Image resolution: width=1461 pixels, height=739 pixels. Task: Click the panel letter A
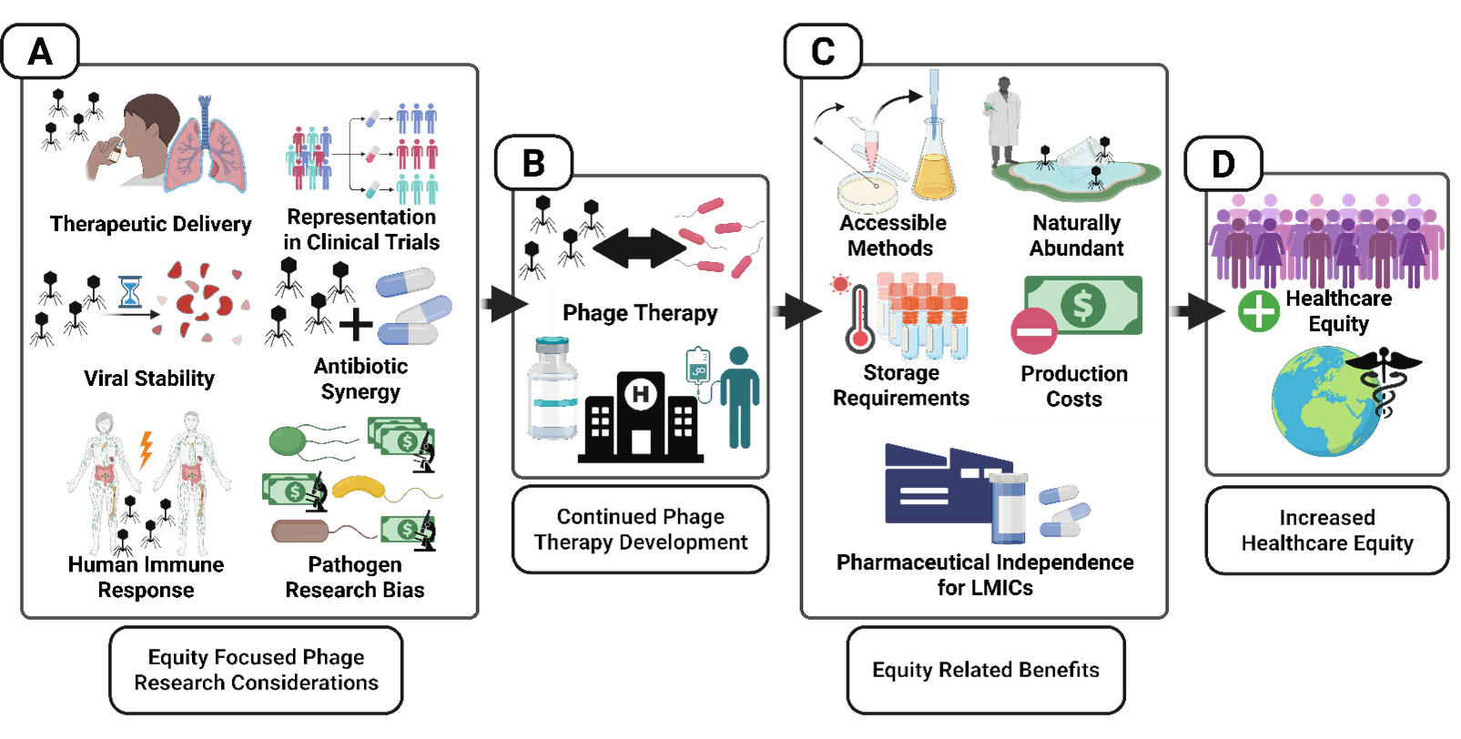[x=39, y=52]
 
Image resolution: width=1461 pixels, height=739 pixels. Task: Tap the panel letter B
[x=533, y=164]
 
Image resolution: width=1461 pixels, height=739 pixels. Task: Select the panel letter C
[x=822, y=52]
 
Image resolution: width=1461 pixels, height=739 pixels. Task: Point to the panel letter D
[x=1223, y=165]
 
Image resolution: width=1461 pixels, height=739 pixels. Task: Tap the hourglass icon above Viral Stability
[x=131, y=292]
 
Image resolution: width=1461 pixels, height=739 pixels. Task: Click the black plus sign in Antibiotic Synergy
[x=356, y=324]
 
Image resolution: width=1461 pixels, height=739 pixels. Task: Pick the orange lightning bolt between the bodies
[x=146, y=449]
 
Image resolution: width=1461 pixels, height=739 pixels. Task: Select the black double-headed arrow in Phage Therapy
[x=639, y=248]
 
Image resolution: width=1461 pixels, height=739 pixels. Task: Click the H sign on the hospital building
[x=641, y=394]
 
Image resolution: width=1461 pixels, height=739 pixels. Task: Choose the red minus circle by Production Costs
[x=1034, y=331]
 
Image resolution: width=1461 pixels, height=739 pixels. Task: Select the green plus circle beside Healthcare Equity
[x=1259, y=311]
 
